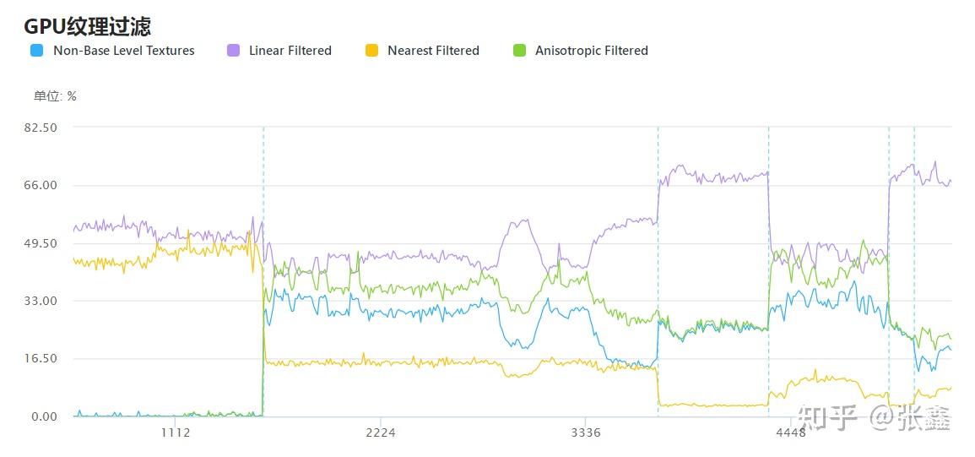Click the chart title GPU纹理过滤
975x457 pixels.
point(87,26)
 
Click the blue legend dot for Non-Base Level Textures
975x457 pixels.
point(36,51)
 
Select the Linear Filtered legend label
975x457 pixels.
point(290,51)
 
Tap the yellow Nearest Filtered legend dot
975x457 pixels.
point(371,51)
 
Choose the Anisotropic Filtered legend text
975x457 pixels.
point(591,51)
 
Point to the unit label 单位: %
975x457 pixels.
point(55,96)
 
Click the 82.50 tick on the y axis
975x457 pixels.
point(41,128)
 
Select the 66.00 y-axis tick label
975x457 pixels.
point(41,185)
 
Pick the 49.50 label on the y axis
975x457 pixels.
point(41,243)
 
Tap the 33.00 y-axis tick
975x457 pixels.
point(41,301)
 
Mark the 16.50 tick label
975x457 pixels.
point(41,358)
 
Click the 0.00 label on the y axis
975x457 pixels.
point(45,416)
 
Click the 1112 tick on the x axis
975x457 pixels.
point(175,433)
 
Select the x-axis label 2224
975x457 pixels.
point(381,433)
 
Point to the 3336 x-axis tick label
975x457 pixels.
point(586,433)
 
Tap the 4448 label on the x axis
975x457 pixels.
point(791,433)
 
